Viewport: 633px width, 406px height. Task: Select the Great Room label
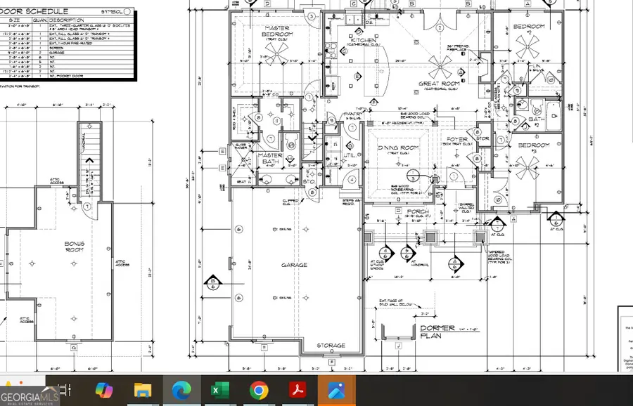pyautogui.click(x=438, y=84)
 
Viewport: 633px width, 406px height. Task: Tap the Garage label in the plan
pyautogui.click(x=295, y=265)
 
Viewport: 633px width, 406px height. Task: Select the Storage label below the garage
pyautogui.click(x=331, y=346)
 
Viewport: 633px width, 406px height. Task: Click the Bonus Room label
pyautogui.click(x=75, y=247)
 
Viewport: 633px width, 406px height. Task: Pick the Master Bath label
pyautogui.click(x=270, y=158)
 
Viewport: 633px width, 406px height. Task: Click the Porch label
pyautogui.click(x=417, y=211)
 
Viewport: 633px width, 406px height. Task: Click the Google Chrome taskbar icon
pyautogui.click(x=258, y=390)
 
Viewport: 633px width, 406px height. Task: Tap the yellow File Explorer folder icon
pyautogui.click(x=143, y=391)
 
